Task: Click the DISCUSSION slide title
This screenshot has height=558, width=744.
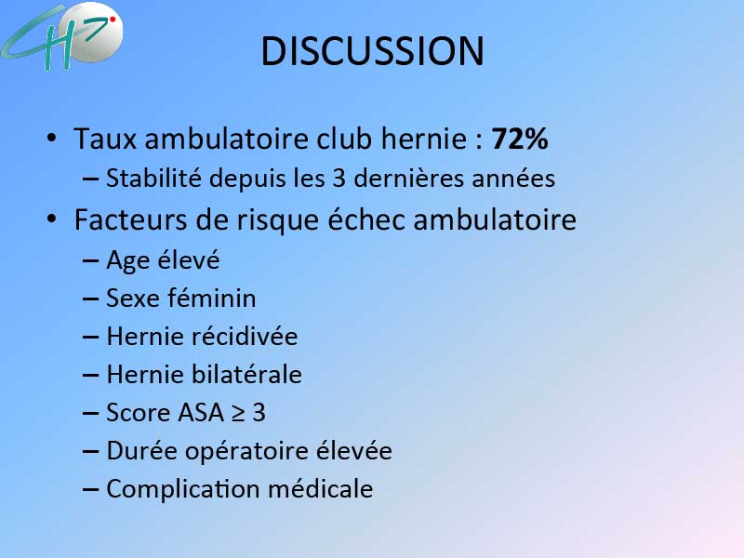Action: click(373, 51)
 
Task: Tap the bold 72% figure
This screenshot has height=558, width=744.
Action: click(520, 139)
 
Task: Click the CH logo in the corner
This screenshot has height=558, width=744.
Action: click(61, 35)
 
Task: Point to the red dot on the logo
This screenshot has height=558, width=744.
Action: click(113, 20)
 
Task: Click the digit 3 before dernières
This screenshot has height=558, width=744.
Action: click(339, 179)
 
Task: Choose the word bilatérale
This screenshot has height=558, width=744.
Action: click(246, 374)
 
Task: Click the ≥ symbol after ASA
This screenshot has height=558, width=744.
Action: click(238, 413)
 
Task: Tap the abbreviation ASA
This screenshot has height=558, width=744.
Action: click(200, 412)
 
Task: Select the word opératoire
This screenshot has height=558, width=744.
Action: click(246, 451)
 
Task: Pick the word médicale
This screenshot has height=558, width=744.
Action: click(320, 488)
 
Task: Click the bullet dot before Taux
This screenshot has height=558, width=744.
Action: click(51, 138)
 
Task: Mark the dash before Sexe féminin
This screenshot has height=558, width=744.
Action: click(90, 299)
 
